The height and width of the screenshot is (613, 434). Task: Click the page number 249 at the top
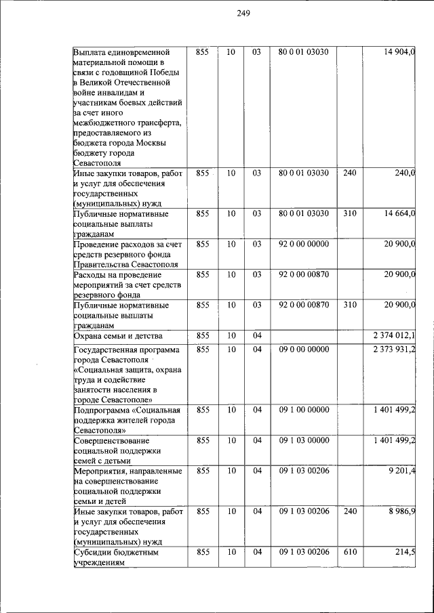coord(244,16)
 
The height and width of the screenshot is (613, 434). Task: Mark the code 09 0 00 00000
coord(304,350)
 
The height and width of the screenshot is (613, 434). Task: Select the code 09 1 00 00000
coord(304,410)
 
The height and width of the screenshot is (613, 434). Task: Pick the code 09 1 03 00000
coord(304,441)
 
